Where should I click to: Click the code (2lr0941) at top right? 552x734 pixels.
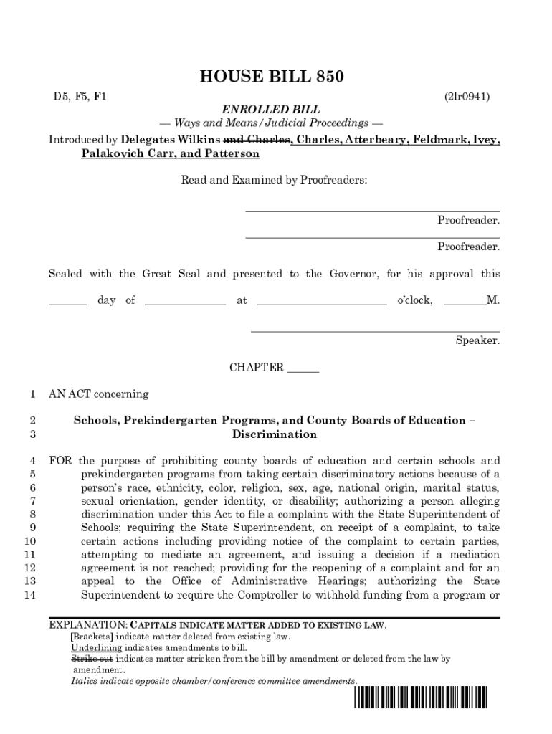467,96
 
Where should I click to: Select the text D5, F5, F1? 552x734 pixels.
77,96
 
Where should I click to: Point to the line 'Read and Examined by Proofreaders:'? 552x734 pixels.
274,180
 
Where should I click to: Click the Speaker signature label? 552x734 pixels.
477,340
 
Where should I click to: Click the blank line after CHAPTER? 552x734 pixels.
303,368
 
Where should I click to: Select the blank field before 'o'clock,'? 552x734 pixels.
321,301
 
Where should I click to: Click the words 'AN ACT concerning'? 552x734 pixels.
98,394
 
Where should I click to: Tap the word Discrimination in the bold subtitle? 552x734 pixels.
274,434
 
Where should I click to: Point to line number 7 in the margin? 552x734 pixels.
33,500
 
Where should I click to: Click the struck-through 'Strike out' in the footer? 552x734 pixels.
91,658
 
